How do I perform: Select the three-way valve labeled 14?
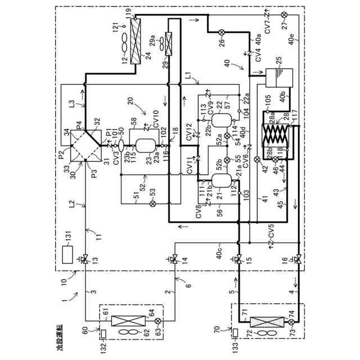point(175,259)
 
